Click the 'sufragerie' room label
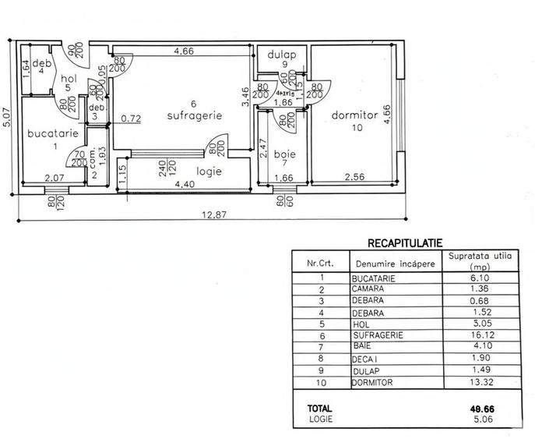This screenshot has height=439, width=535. (195, 115)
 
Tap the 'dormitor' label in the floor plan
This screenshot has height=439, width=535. (354, 115)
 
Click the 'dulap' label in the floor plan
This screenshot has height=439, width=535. (278, 55)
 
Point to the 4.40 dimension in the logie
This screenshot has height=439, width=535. (185, 185)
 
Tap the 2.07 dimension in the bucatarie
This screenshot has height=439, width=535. (53, 179)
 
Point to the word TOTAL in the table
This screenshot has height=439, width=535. (319, 407)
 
